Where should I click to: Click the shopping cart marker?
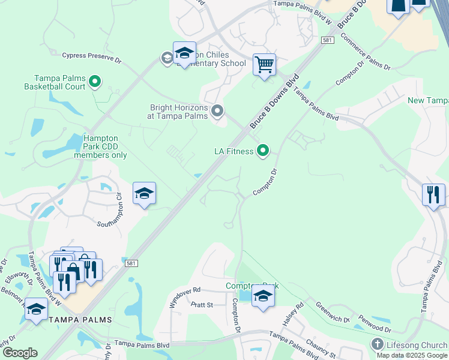coord(264,64)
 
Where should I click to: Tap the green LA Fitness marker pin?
coord(262,151)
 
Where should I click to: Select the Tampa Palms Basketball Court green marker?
coord(94,81)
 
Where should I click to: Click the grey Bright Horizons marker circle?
coord(217,111)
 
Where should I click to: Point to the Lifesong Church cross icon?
coord(377,344)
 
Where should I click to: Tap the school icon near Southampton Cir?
coord(144,194)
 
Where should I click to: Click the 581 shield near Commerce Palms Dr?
coord(327,40)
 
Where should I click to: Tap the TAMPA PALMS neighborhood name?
coord(80,320)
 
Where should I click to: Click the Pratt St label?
coord(202,305)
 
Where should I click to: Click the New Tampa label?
coord(427,100)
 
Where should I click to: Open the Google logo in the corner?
coord(20,352)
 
